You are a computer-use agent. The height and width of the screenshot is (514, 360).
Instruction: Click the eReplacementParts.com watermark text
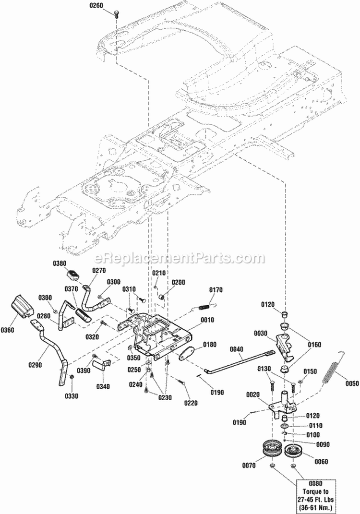[180, 258]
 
